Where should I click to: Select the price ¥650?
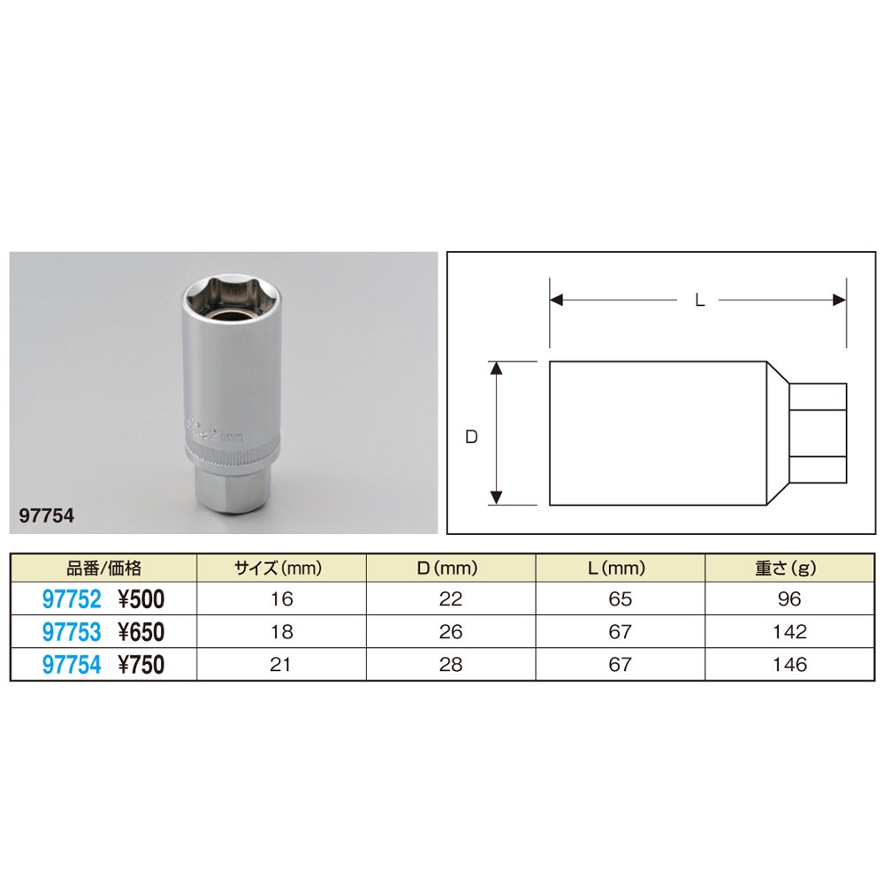(141, 632)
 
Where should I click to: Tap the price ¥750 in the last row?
(141, 665)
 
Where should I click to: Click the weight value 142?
(789, 632)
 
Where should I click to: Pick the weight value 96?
(789, 599)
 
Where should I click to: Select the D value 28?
(451, 665)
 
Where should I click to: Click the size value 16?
(282, 599)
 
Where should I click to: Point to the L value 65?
(621, 599)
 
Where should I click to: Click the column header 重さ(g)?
(789, 568)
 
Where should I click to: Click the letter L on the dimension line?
(698, 301)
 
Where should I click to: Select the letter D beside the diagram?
(471, 436)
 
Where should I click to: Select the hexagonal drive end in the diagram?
(818, 433)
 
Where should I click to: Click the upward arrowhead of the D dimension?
(497, 368)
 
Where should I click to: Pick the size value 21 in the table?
(282, 665)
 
